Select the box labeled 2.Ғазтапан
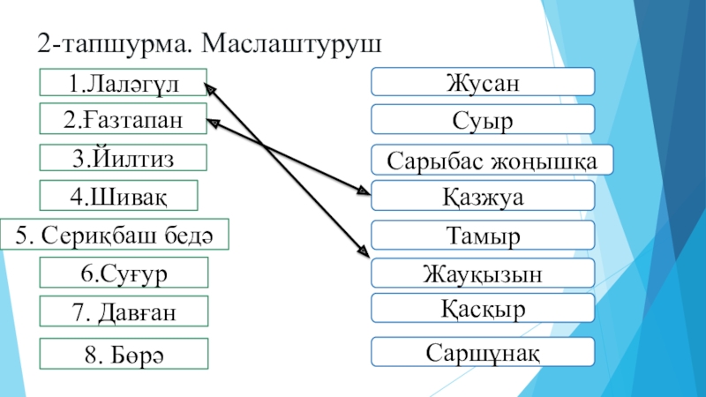click(123, 119)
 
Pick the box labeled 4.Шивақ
click(120, 195)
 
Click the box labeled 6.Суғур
click(123, 273)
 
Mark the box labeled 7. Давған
click(123, 311)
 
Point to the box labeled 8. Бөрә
click(123, 353)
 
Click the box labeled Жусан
click(482, 82)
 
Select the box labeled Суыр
click(482, 118)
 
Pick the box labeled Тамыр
click(482, 236)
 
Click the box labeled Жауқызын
click(482, 273)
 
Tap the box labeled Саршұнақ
click(482, 351)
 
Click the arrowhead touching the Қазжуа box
click(364, 190)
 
